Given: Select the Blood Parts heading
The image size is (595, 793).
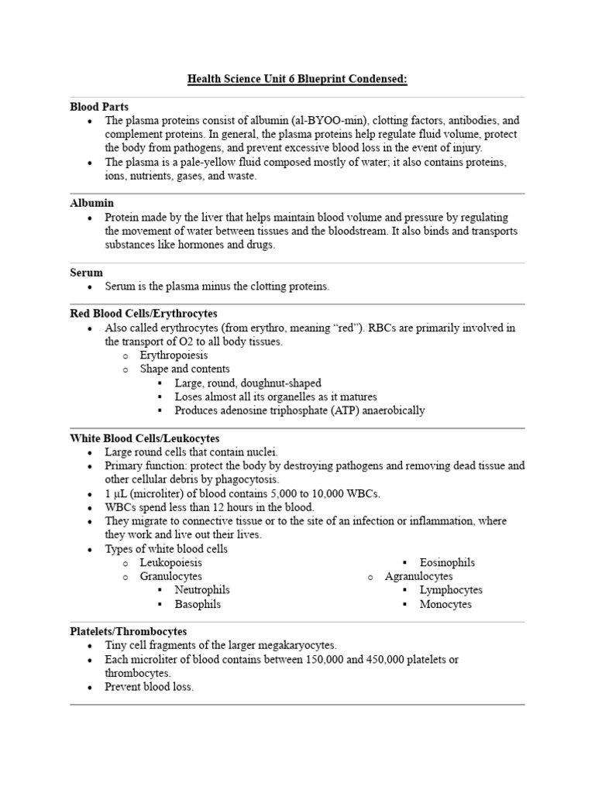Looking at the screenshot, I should pos(99,107).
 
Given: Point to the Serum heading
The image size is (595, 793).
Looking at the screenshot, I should pos(86,273).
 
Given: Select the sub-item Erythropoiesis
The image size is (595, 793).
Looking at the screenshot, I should pos(174,355).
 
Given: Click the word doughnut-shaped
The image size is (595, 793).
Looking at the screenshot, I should pos(283,383).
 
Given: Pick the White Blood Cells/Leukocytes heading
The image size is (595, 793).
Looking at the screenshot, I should pos(145,438).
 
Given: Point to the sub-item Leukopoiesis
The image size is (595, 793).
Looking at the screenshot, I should pos(170,563).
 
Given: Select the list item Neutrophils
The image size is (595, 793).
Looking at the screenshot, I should pos(202,590).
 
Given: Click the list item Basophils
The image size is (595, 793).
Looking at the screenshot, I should pos(198,604).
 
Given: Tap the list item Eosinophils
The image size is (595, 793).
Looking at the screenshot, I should pos(447,563).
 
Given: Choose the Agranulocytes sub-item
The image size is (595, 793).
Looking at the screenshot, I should pos(419,577).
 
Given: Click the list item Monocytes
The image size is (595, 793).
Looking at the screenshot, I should pos(445,604).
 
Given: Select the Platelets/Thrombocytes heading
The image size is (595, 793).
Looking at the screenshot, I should pos(128,632).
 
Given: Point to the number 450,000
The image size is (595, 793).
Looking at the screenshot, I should pos(391,659).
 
